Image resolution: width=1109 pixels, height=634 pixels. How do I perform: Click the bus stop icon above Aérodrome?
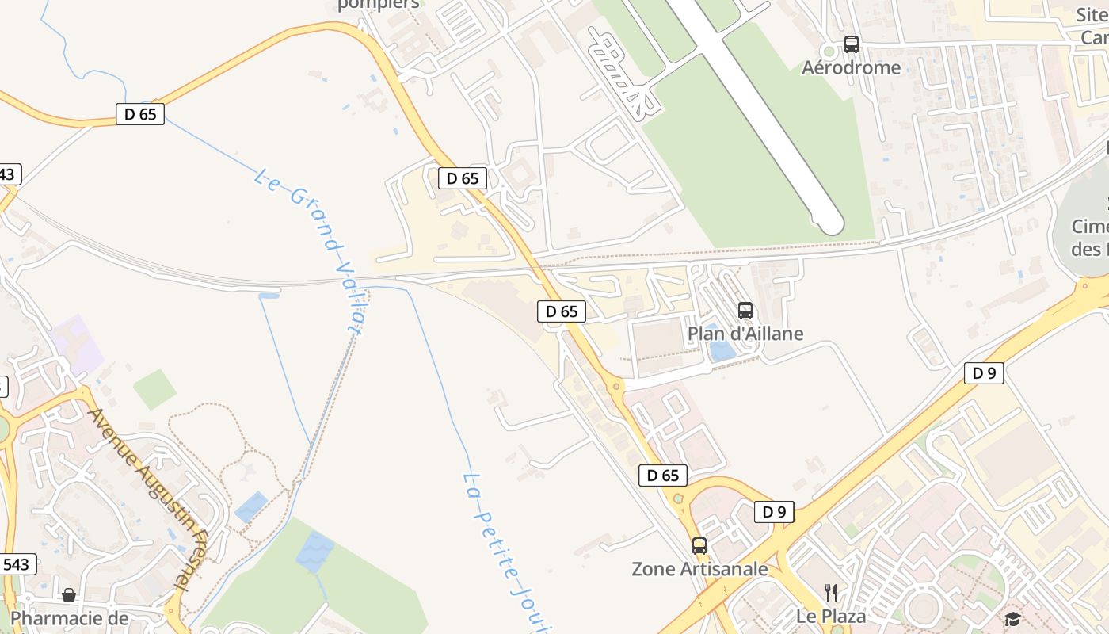852,44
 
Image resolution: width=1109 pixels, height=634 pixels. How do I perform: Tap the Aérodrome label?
851,67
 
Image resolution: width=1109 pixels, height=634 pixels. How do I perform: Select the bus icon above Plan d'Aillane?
745,310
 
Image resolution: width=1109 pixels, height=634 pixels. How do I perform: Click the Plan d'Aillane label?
745,334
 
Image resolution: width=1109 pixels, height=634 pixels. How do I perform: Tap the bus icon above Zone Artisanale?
699,545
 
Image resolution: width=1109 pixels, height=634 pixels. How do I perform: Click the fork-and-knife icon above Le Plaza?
831,592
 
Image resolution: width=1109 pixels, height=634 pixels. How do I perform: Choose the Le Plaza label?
831,616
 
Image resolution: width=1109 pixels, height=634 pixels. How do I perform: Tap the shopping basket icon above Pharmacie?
69,594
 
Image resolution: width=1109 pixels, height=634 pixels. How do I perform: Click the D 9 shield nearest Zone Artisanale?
773,512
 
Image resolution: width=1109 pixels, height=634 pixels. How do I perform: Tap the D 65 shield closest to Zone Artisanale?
662,475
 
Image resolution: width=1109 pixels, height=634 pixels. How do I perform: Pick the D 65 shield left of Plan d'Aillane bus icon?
562,311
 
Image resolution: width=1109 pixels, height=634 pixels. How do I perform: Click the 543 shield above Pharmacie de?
16,564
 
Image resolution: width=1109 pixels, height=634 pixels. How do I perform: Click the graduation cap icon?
1012,618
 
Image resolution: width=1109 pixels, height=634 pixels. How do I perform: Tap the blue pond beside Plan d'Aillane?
722,349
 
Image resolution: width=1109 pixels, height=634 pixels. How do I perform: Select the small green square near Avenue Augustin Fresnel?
154,389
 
